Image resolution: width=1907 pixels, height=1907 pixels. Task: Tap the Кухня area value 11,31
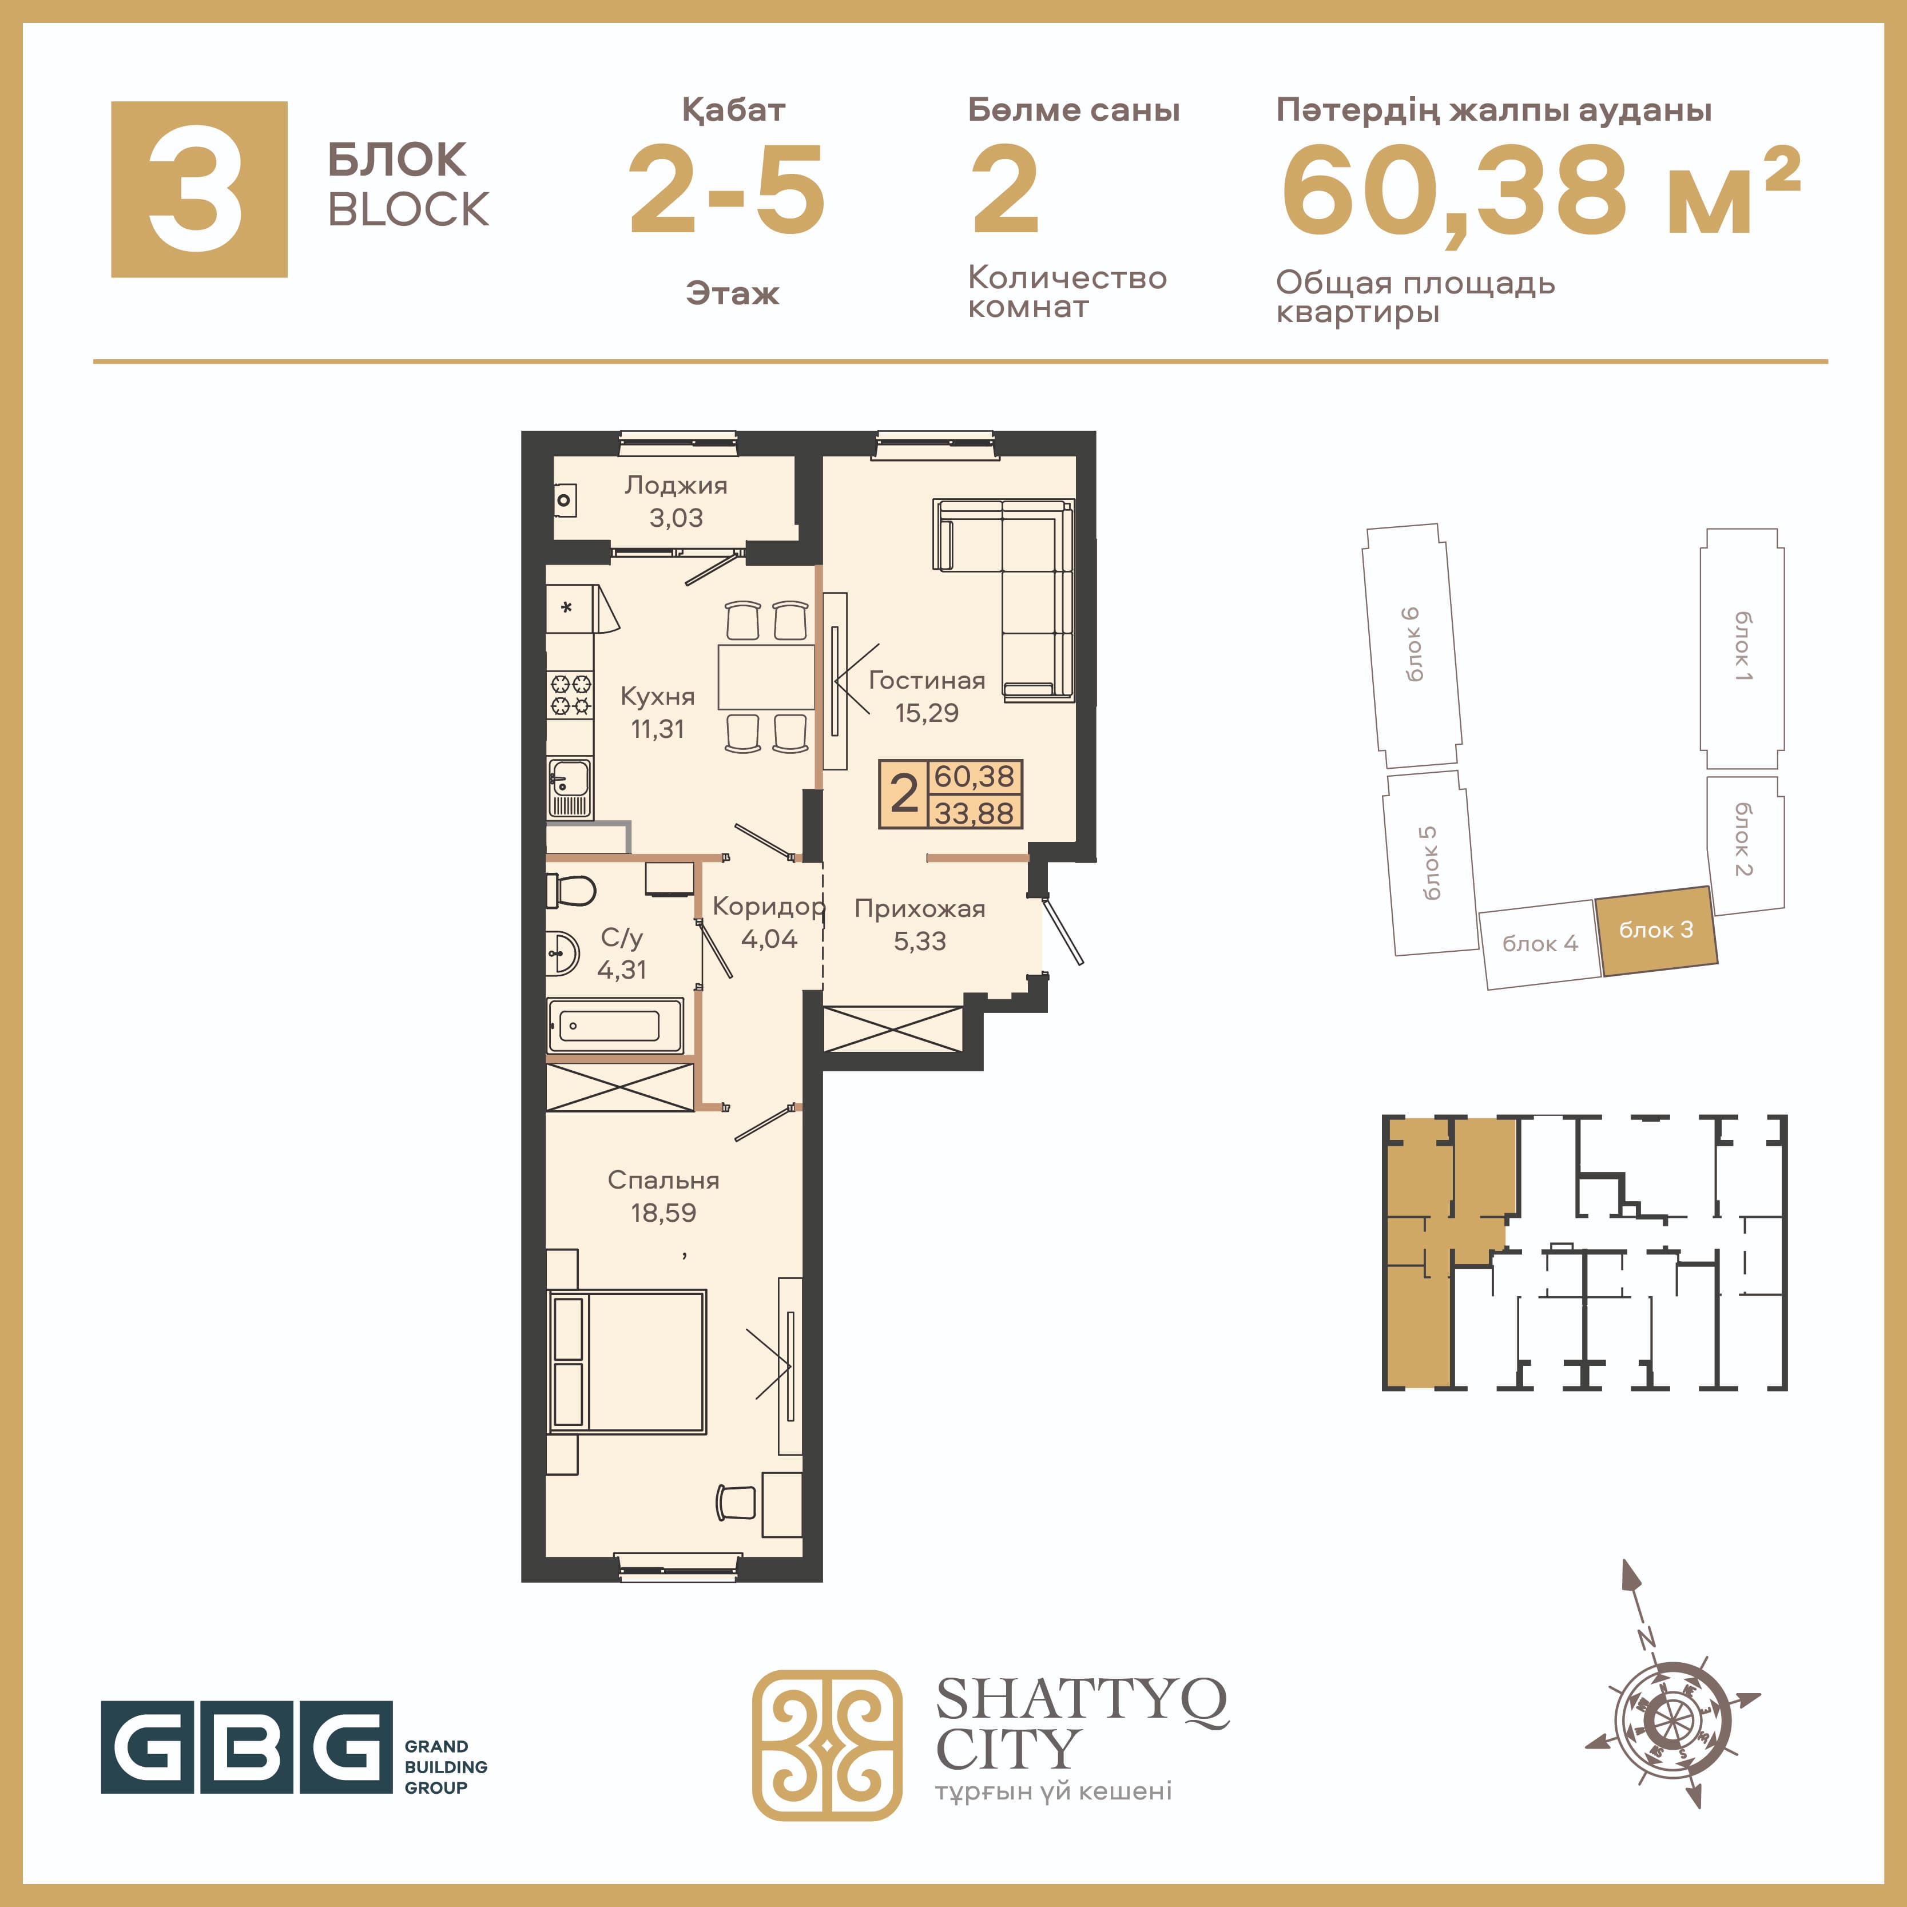pyautogui.click(x=657, y=729)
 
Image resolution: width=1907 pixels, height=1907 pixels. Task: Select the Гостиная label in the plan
pyautogui.click(x=927, y=680)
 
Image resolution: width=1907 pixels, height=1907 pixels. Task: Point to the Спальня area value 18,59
pyautogui.click(x=664, y=1213)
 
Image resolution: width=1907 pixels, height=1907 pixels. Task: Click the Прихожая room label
pyautogui.click(x=920, y=909)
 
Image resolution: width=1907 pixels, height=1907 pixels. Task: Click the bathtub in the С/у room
pyautogui.click(x=614, y=1027)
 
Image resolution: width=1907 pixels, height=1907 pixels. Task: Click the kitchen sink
pyautogui.click(x=570, y=788)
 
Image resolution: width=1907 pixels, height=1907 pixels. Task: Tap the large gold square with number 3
pyautogui.click(x=200, y=189)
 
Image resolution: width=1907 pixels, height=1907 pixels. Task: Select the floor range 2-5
pyautogui.click(x=728, y=190)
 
